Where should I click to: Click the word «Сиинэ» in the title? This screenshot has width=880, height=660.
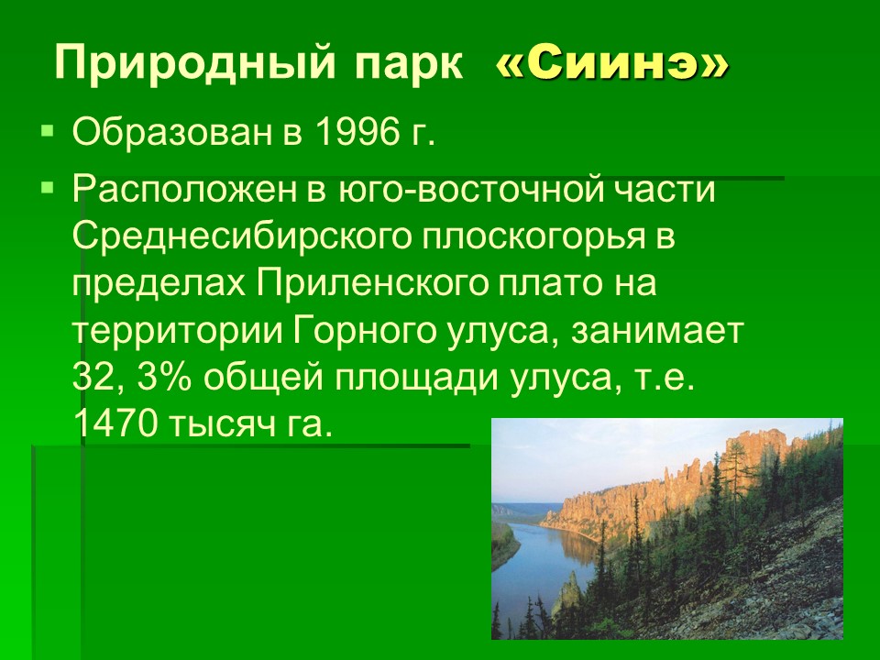(x=611, y=63)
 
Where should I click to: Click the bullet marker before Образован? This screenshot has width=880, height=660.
(x=47, y=131)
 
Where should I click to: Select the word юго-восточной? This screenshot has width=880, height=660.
(x=470, y=190)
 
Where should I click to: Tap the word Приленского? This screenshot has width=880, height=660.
(x=373, y=284)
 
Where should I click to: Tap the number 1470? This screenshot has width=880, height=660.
(x=115, y=425)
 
